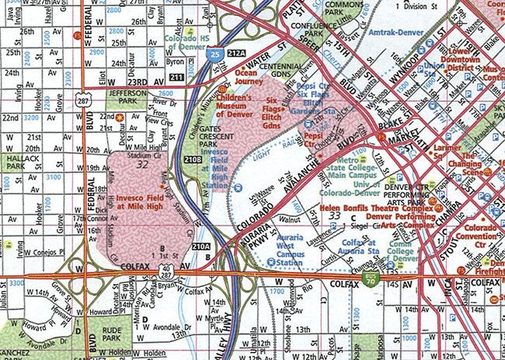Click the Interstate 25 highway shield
[x=214, y=54]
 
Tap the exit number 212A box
[x=237, y=52]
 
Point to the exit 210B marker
[x=193, y=160]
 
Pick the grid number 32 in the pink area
[x=141, y=165]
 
